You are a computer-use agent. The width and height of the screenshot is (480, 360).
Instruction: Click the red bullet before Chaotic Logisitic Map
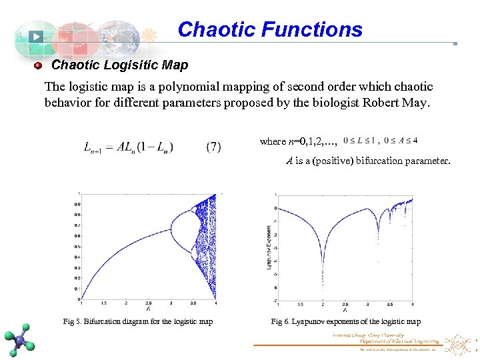click(38, 65)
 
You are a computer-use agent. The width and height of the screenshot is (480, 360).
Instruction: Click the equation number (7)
click(213, 147)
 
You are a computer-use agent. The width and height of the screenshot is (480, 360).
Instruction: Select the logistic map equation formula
click(129, 147)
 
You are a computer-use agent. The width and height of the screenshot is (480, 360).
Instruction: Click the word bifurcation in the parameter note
click(362, 161)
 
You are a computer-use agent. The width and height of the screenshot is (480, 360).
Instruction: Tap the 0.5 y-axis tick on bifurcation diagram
click(77, 247)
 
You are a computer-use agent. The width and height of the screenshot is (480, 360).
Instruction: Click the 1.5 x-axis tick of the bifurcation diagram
click(103, 303)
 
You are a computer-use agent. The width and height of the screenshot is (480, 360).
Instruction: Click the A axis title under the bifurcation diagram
click(148, 309)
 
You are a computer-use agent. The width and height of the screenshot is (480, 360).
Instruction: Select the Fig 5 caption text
click(138, 321)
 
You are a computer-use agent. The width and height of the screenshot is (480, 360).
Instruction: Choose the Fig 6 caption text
click(345, 321)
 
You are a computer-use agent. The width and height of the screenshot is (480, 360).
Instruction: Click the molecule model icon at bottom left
click(20, 339)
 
